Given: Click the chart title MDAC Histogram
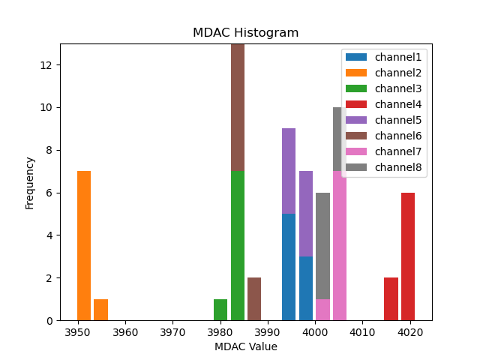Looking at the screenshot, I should (245, 33).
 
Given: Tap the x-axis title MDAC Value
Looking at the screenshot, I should (245, 346).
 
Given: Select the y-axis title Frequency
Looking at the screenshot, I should (30, 182).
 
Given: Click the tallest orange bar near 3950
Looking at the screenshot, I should (84, 246).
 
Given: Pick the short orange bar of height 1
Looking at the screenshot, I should (100, 310).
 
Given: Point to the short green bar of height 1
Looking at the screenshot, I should (220, 310).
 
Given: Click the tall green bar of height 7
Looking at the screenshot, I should (237, 246).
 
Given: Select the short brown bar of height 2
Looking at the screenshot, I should (254, 299).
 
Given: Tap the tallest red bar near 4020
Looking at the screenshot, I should (408, 256).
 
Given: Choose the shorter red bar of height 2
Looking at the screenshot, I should (391, 299).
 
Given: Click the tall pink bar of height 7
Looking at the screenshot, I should (340, 246).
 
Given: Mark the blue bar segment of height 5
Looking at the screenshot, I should (289, 267).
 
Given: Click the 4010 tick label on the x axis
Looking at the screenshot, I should (362, 332).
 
